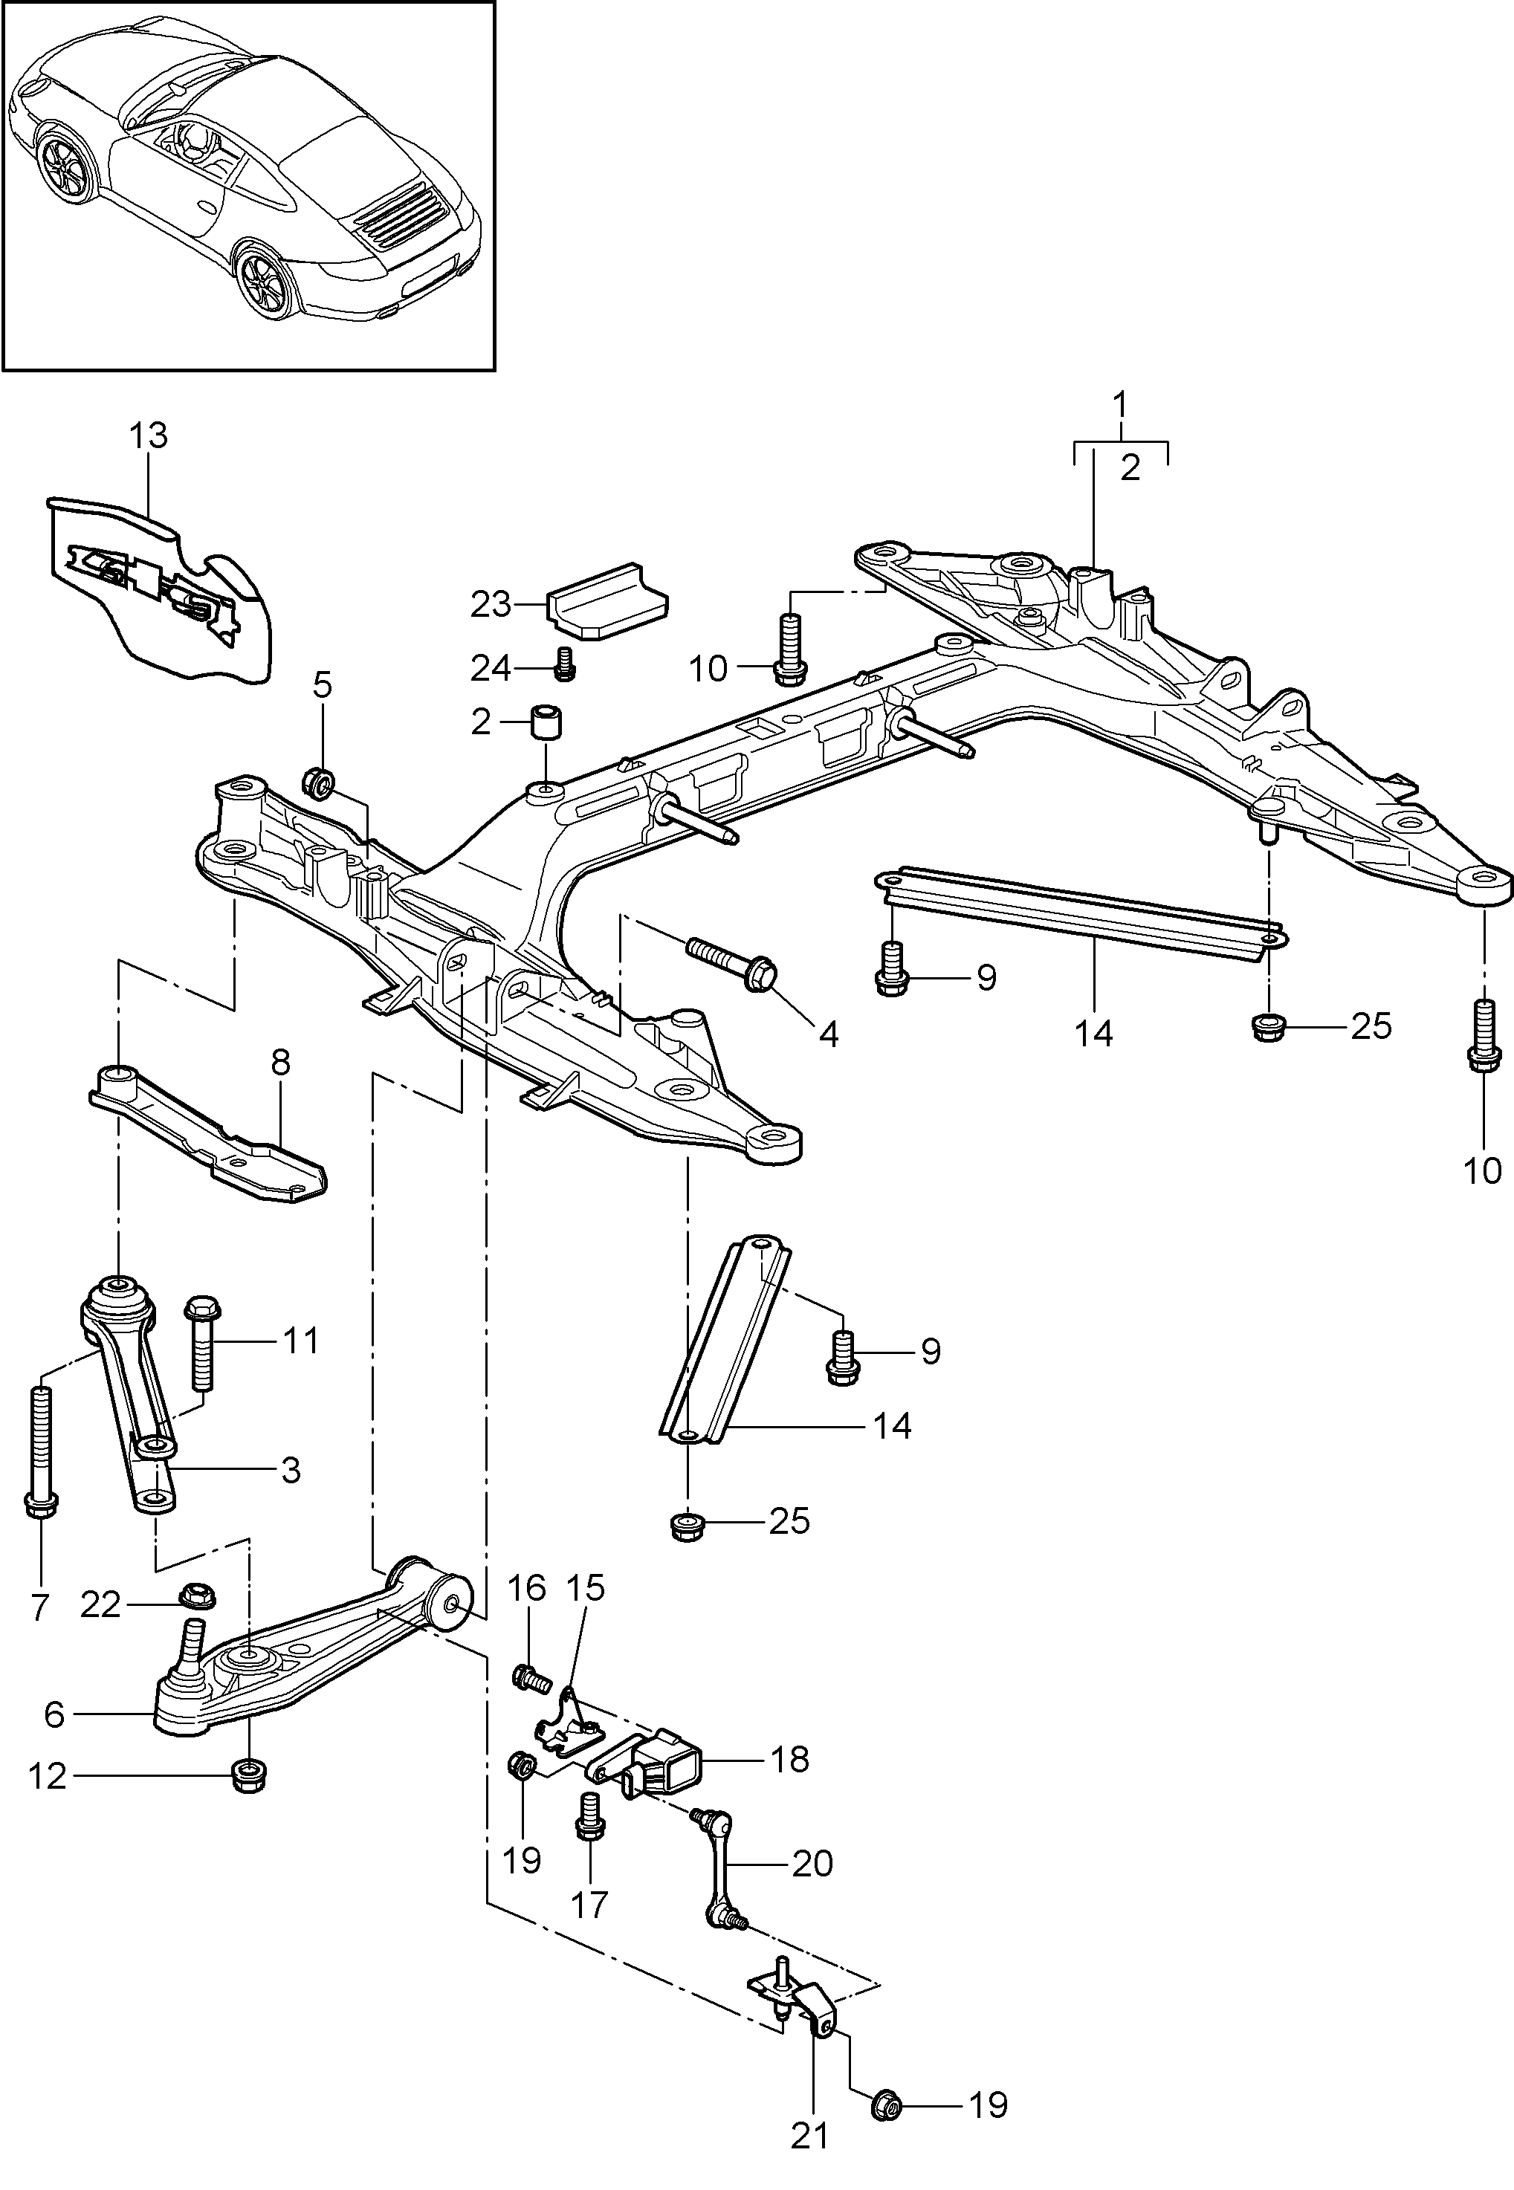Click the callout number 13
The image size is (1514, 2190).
pos(148,435)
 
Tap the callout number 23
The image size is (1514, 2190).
pos(491,604)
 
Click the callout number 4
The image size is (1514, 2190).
pos(828,1034)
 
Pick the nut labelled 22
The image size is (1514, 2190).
pos(196,1595)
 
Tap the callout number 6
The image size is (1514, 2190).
pos(54,1714)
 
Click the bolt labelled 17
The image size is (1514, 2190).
pos(590,1815)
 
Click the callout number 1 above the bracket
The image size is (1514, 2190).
pos(1120,404)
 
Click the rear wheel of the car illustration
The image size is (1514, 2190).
pos(263,281)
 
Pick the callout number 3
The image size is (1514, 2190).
pos(291,1470)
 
